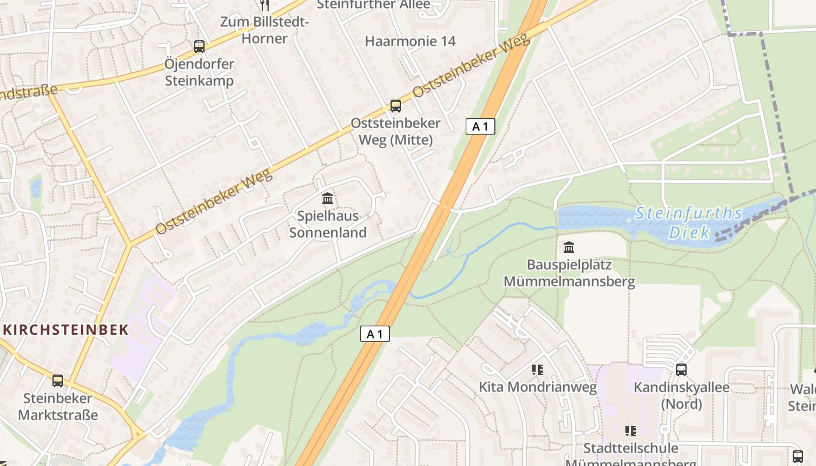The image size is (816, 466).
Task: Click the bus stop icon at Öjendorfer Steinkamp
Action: click(199, 47)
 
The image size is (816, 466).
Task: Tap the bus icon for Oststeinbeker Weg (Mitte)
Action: click(396, 106)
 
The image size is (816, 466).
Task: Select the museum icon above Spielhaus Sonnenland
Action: click(328, 199)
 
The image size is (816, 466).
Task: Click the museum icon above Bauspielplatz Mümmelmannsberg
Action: click(569, 248)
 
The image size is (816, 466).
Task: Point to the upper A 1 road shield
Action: click(480, 126)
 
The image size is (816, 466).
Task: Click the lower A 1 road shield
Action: click(375, 334)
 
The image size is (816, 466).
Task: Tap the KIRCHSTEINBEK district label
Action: click(65, 330)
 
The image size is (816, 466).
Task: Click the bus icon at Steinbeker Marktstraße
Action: click(57, 381)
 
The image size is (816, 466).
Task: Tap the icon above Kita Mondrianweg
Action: click(537, 370)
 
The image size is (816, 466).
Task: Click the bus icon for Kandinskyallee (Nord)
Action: click(681, 370)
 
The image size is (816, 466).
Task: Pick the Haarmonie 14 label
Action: click(410, 41)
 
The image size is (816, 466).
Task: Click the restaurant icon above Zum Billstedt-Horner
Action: click(265, 5)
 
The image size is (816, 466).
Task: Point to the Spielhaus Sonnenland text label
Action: click(328, 224)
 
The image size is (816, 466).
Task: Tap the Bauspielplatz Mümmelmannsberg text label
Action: click(569, 273)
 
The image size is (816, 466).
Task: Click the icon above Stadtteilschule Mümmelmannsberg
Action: click(631, 431)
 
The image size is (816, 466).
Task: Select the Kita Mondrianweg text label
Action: click(537, 387)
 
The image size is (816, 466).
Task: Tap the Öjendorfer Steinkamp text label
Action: click(199, 72)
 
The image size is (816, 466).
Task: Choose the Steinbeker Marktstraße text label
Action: click(57, 407)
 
